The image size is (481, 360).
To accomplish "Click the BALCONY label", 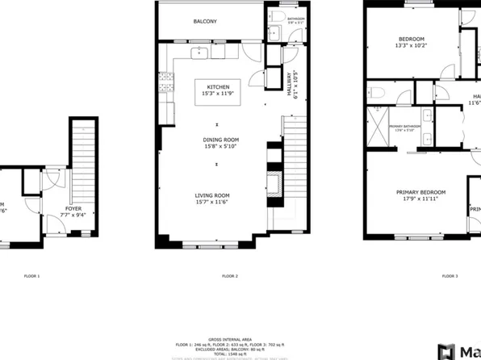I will (x=205, y=22).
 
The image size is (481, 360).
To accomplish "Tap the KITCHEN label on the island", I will (x=218, y=86).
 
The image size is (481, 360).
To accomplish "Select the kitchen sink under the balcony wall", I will (x=200, y=53).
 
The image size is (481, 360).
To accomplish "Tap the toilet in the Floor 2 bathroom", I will (x=275, y=17).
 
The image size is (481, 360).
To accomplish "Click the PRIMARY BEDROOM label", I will (x=420, y=192).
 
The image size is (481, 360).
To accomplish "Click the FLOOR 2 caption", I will (x=230, y=277).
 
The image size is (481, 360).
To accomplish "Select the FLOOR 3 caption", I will (x=450, y=277).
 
